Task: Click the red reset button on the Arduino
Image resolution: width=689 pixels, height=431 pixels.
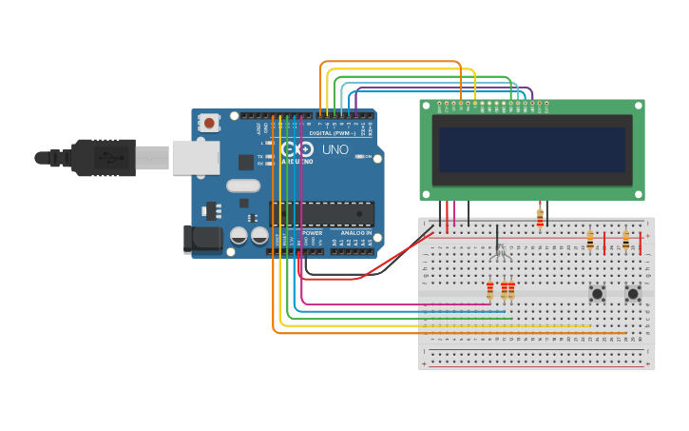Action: (209, 123)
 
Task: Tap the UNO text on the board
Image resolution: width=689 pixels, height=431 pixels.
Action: (335, 150)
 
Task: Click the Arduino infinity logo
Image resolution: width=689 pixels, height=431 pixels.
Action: (298, 150)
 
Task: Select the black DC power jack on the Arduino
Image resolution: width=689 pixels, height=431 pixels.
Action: (202, 239)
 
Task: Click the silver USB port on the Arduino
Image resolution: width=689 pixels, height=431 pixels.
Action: (195, 157)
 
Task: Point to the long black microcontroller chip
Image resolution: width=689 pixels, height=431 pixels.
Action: (322, 214)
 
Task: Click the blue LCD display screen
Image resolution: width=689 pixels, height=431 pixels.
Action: (532, 149)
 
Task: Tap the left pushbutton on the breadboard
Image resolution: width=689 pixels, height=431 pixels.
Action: (597, 293)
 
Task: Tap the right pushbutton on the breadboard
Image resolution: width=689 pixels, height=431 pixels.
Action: (633, 293)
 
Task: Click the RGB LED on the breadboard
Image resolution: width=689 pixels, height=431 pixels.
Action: (499, 250)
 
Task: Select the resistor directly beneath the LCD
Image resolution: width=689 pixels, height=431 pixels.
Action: (540, 218)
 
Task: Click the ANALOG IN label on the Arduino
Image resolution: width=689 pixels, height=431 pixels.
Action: (351, 233)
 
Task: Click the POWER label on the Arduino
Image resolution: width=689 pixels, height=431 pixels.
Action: (312, 233)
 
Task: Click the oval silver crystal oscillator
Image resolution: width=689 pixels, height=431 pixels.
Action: (243, 186)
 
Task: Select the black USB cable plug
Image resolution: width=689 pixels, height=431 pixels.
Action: (105, 158)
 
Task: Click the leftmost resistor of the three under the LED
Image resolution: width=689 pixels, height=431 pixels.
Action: (490, 289)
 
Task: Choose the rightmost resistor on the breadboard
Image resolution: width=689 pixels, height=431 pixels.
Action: (625, 241)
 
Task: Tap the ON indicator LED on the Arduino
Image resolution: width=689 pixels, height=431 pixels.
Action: (359, 157)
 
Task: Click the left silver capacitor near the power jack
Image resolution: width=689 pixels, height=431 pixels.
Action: (239, 234)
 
